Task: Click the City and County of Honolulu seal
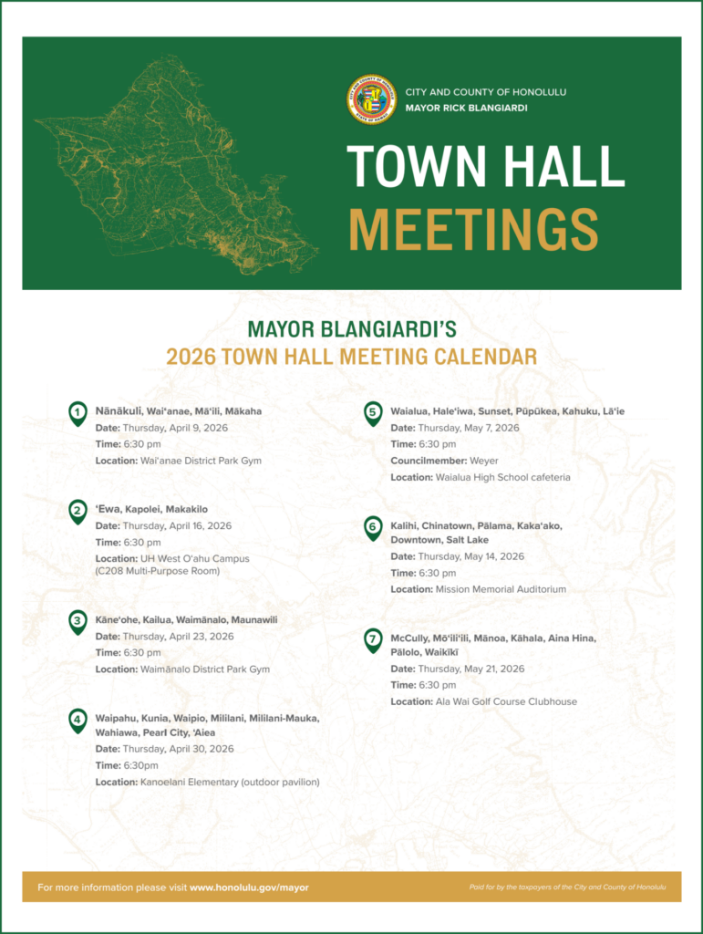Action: coord(371,99)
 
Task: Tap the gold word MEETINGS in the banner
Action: coord(473,229)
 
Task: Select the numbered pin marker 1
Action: coord(78,413)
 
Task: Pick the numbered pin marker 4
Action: coord(78,721)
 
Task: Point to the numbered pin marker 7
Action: coord(373,640)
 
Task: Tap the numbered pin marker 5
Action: coord(373,413)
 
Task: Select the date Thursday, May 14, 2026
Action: coord(470,556)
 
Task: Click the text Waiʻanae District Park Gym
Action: coord(200,461)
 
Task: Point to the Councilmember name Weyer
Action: coord(484,461)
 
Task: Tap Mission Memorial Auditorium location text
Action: coord(501,589)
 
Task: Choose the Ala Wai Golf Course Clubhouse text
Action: coord(506,701)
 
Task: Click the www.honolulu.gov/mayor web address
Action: coord(249,887)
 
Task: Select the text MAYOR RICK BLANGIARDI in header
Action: coord(466,109)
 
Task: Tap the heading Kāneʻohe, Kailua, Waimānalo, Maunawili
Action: coord(186,620)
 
